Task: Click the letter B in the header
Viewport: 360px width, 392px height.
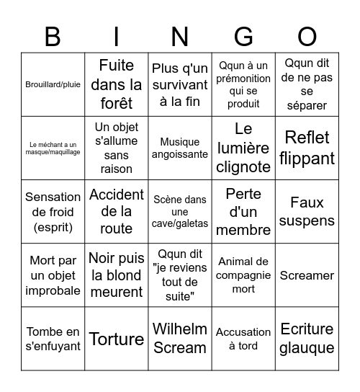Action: (53, 36)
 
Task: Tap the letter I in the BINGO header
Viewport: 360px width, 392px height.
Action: (117, 36)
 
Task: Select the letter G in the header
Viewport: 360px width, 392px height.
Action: (243, 36)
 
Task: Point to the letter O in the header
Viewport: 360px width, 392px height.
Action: (307, 36)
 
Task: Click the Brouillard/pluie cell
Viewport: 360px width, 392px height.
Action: (53, 84)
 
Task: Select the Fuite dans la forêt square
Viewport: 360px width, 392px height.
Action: (117, 84)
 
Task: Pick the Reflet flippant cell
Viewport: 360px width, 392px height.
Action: (307, 148)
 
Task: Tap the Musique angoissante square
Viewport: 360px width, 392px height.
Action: (180, 148)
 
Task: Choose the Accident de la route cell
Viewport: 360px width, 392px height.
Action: (117, 211)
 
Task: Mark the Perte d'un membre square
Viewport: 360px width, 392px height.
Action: (243, 211)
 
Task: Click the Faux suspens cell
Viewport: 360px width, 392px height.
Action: (307, 211)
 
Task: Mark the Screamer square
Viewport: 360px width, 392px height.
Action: (307, 275)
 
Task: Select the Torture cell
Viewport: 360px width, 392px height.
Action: (117, 339)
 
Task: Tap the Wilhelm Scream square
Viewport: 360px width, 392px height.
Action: (180, 339)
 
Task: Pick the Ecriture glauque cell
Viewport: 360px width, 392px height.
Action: (307, 339)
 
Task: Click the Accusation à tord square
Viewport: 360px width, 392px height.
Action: (243, 339)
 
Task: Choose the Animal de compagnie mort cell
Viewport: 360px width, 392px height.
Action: (243, 275)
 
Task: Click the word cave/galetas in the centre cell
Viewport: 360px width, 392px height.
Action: (180, 223)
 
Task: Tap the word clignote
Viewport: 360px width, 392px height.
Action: (243, 166)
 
